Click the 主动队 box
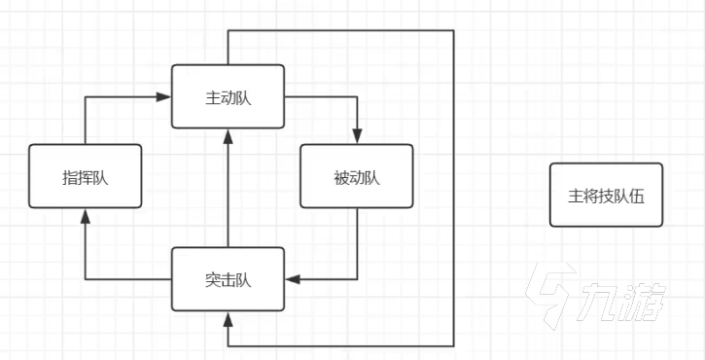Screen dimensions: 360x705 [228, 96]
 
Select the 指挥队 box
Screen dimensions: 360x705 [85, 176]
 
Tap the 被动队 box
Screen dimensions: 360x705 [356, 176]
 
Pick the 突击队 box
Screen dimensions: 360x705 [228, 279]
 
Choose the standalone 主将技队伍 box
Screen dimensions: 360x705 [606, 195]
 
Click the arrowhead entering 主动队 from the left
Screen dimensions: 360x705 [165, 96]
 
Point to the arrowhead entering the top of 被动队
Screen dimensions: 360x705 [357, 137]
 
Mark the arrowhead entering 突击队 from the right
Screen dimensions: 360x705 [292, 279]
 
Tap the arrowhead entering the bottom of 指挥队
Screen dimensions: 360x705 [85, 215]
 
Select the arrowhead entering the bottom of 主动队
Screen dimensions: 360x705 [228, 135]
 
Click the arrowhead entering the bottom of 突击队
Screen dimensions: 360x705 [228, 318]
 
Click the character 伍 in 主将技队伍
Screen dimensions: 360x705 [638, 195]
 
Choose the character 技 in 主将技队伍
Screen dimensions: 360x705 [606, 195]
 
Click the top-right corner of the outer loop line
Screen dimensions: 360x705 [454, 31]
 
